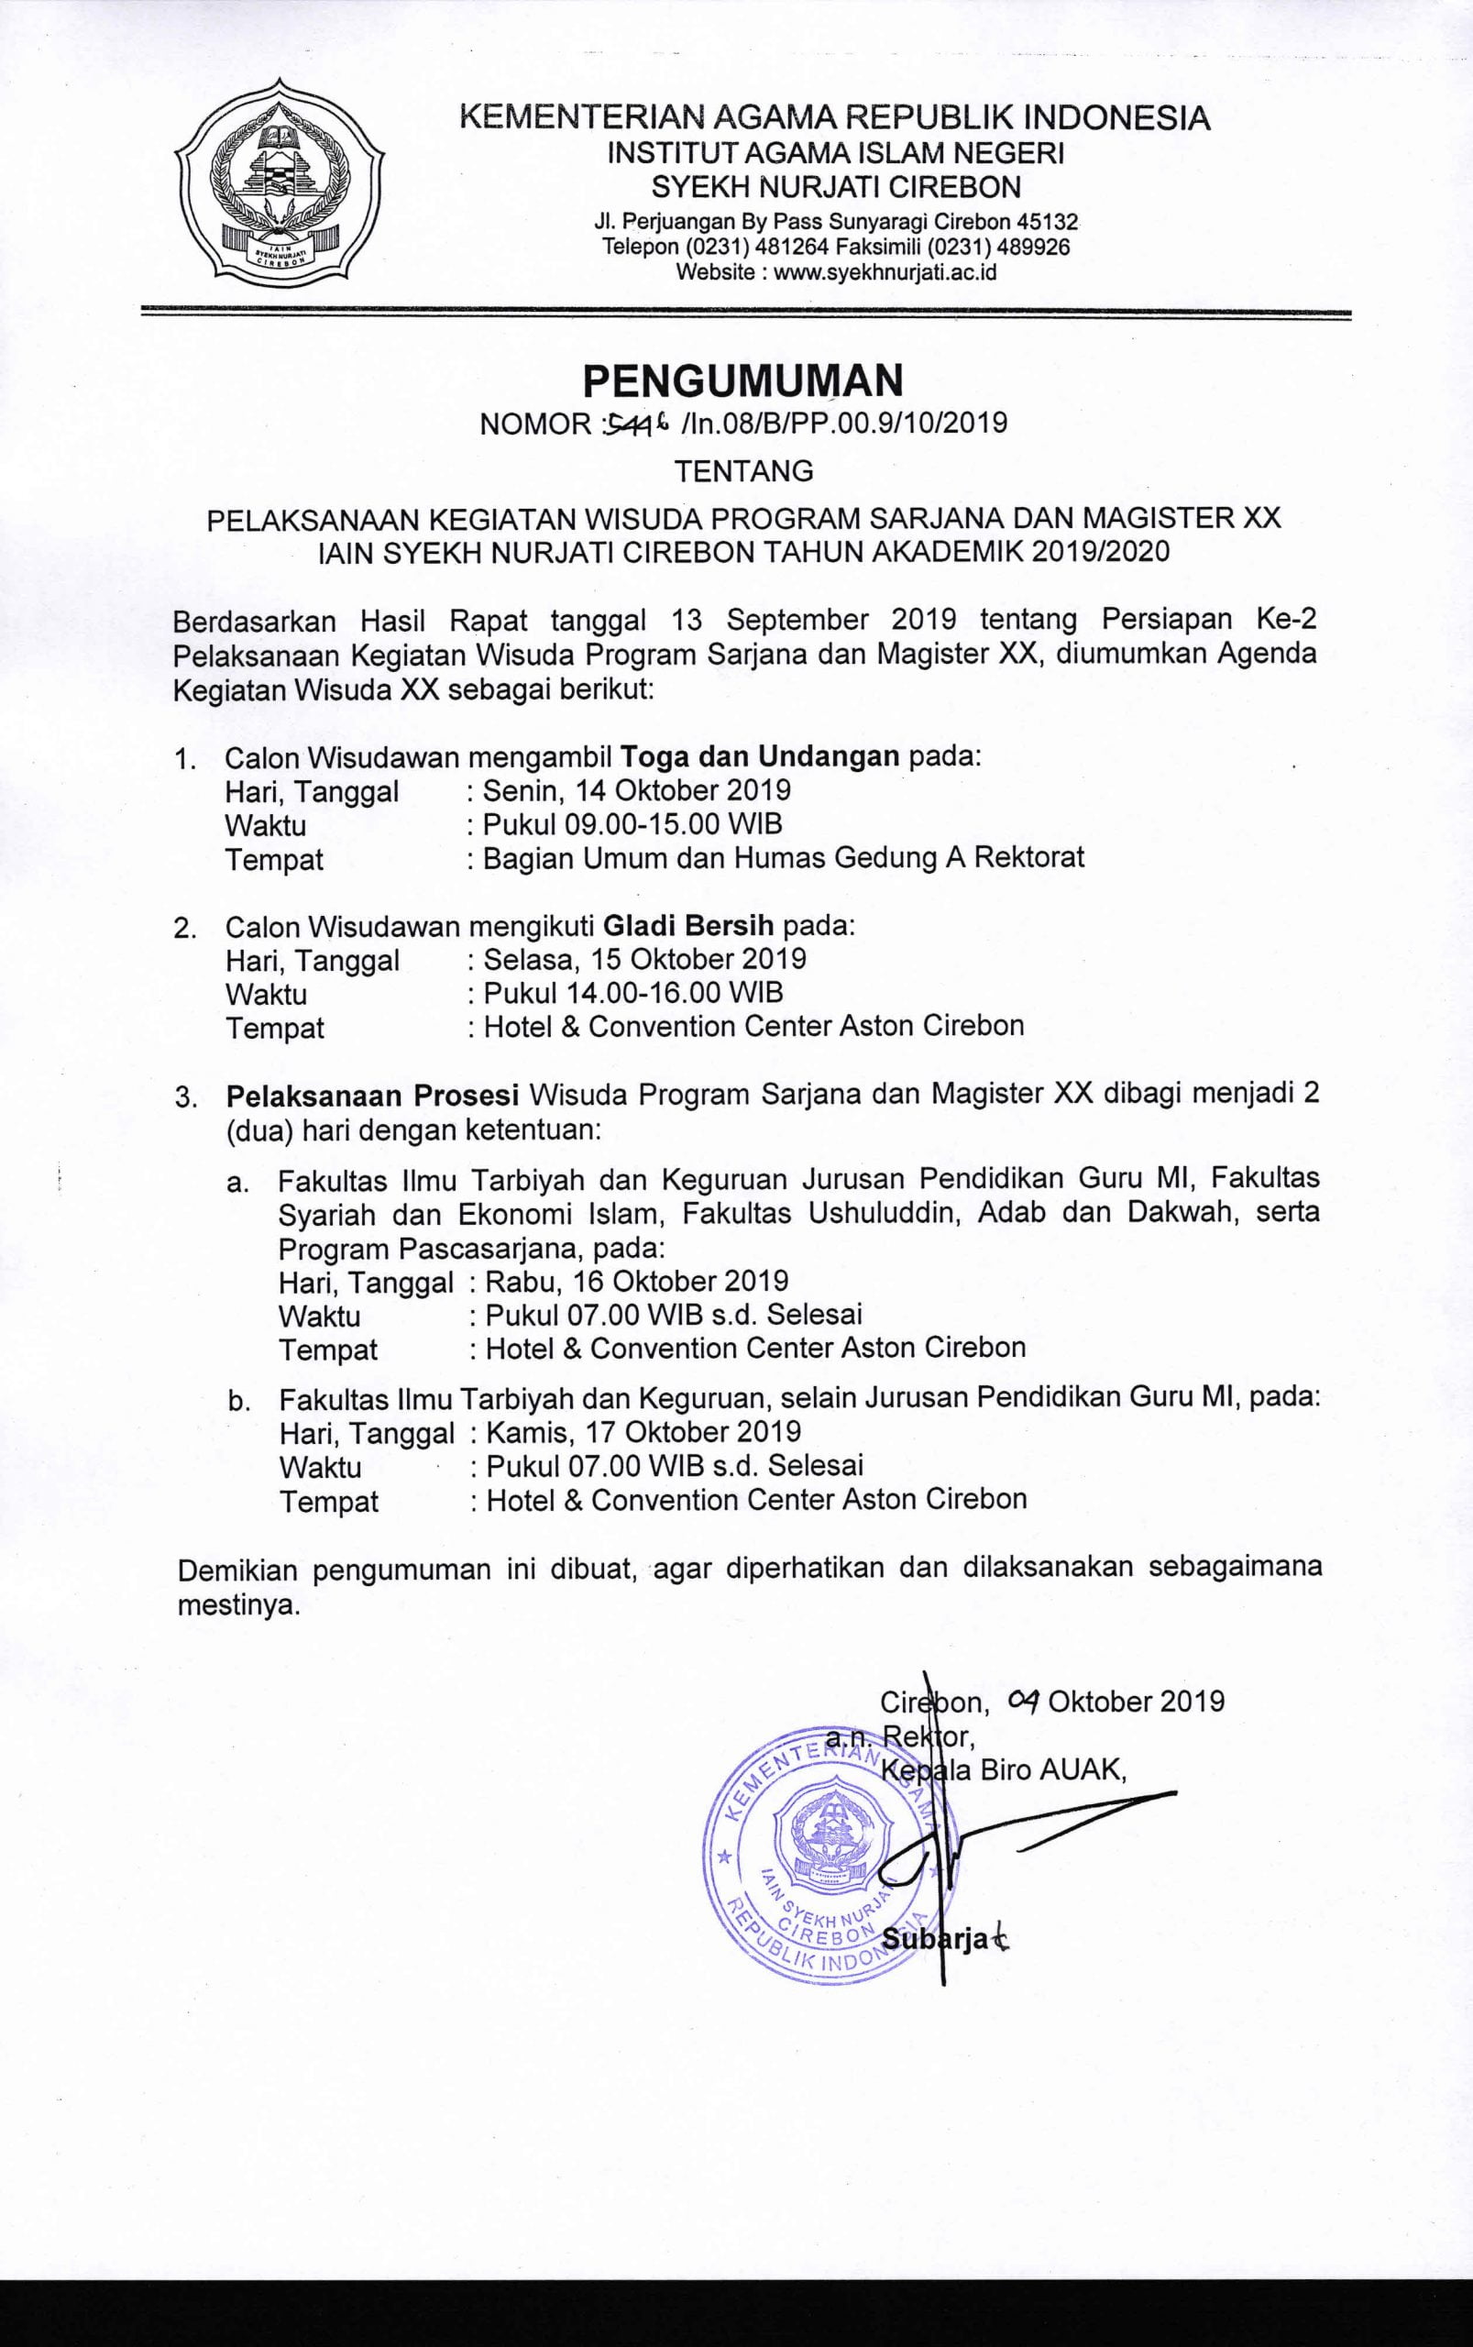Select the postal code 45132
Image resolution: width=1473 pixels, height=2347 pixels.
(1044, 221)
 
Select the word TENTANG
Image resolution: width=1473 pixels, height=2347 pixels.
(744, 471)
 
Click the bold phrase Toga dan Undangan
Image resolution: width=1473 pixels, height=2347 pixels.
(760, 756)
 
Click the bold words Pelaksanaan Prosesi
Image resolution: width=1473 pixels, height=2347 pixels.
(371, 1094)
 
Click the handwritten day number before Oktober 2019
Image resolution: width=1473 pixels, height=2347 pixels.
(1024, 1700)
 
